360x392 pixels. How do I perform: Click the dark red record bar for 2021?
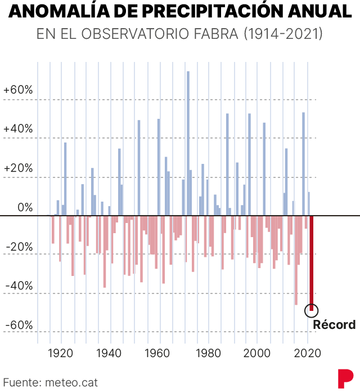coord(311,262)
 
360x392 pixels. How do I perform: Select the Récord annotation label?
coord(334,325)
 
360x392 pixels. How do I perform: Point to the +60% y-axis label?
coord(18,91)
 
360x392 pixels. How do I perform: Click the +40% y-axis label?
coord(18,129)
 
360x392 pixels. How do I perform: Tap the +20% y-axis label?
coord(18,168)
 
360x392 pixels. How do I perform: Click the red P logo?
coord(345,378)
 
